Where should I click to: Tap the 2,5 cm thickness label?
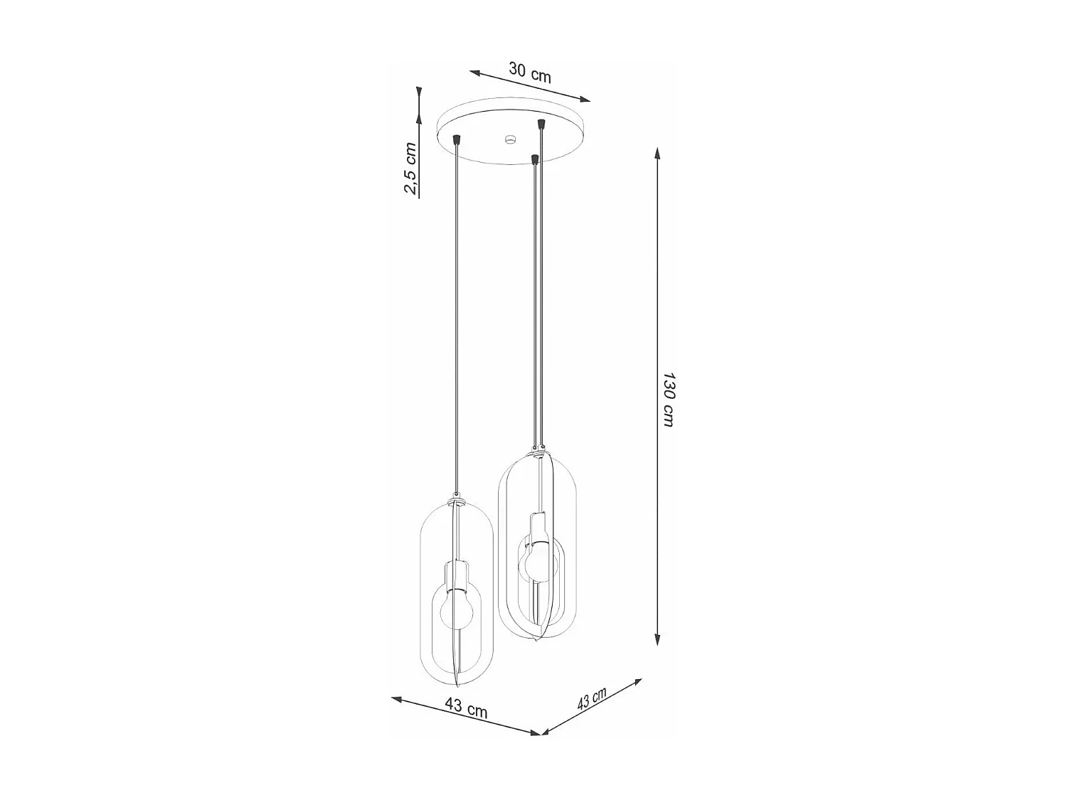[410, 169]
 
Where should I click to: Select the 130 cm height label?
[669, 398]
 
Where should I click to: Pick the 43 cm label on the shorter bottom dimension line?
[592, 700]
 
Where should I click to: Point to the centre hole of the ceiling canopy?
[509, 138]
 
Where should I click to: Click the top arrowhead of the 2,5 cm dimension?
[420, 93]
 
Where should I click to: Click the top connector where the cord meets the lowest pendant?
[458, 501]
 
